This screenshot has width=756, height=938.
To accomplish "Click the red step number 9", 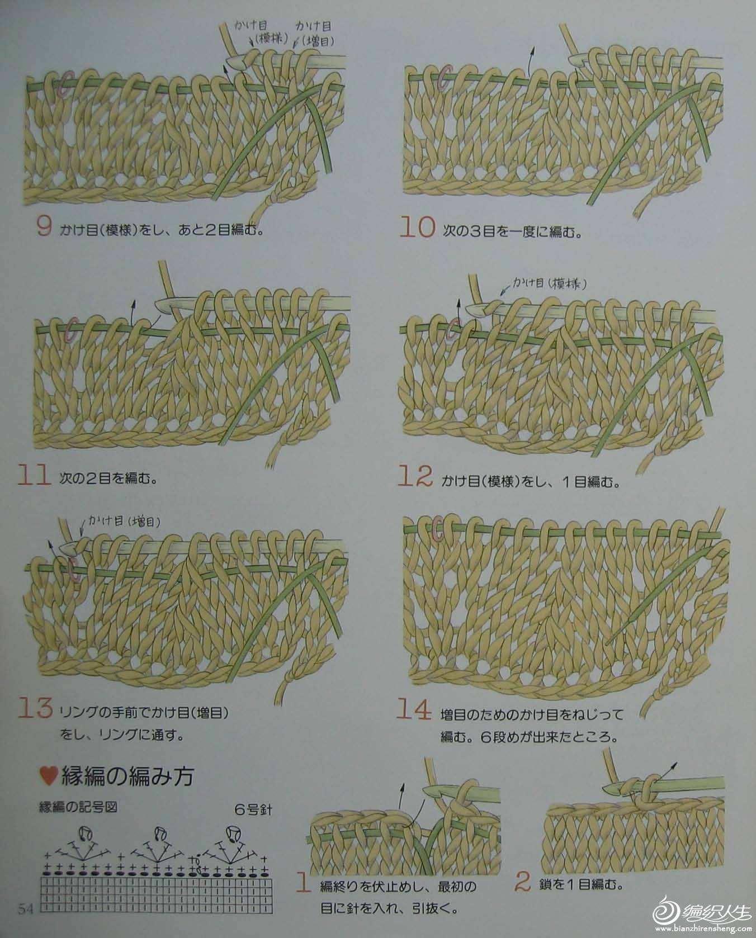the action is [44, 227].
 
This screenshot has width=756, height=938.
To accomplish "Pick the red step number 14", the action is [414, 710].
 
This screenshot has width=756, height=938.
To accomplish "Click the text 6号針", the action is [253, 808].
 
